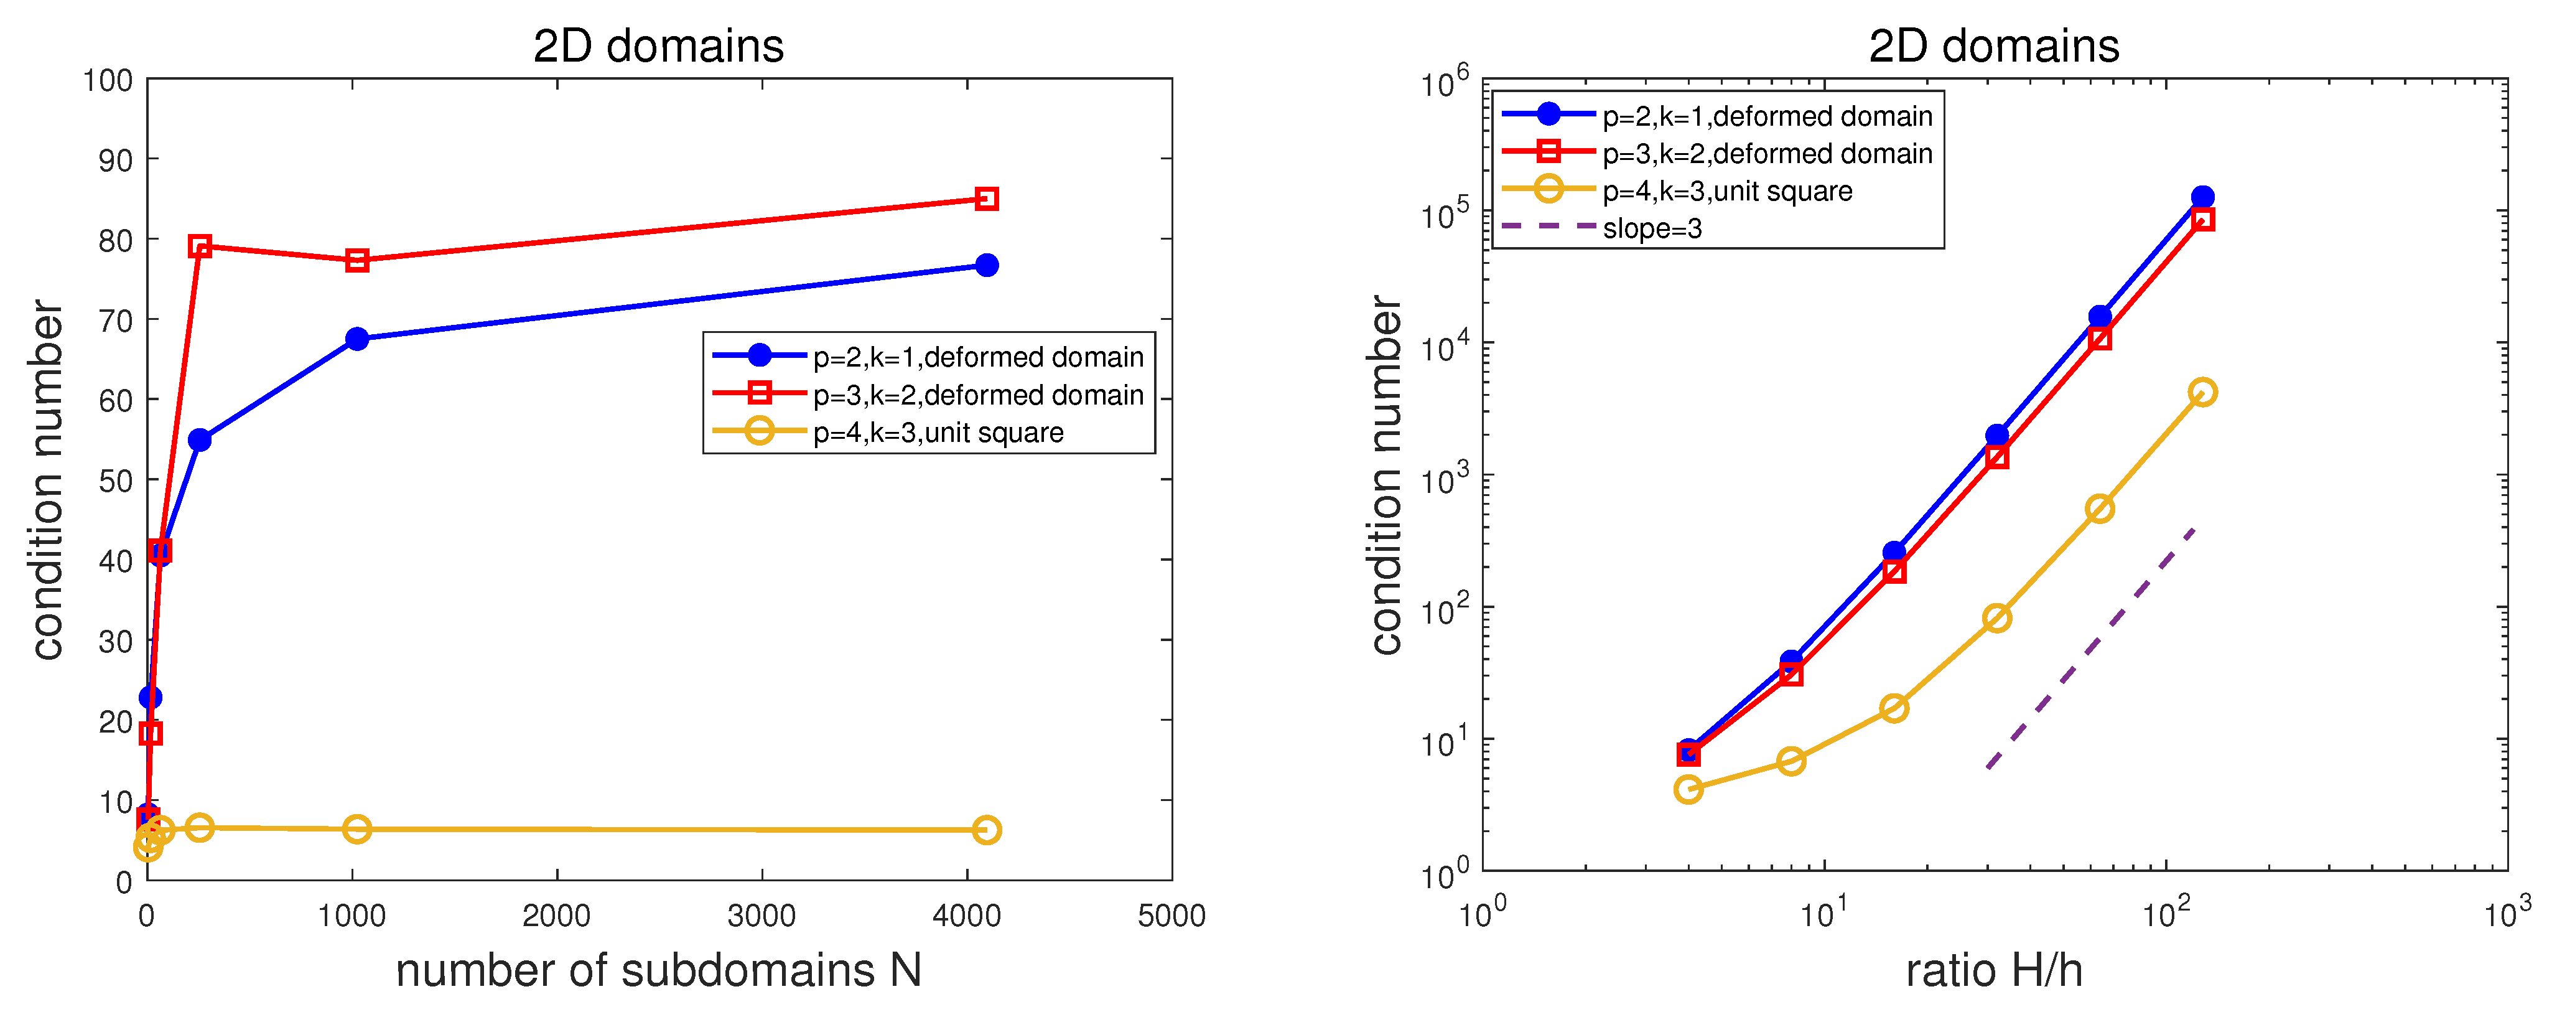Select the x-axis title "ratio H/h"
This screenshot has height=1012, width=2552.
[x=1993, y=970]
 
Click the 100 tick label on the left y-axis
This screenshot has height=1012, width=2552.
[x=108, y=80]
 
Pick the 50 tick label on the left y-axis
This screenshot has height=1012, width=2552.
[x=115, y=480]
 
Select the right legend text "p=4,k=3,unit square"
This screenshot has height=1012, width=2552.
[x=1727, y=191]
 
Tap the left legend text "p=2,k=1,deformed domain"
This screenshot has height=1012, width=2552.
[x=978, y=357]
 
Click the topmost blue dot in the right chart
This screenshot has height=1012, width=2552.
[x=2201, y=197]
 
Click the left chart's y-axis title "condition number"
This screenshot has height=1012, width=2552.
[x=47, y=480]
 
